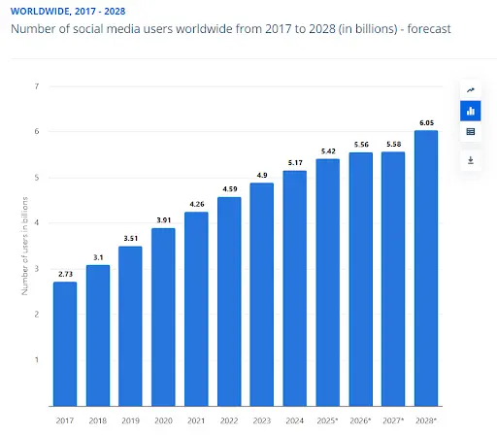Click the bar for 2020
(x=162, y=316)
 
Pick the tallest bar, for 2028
(x=426, y=267)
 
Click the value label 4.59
(x=229, y=188)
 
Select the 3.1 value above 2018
(x=97, y=256)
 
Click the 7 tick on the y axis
(x=36, y=86)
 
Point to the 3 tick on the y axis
(x=36, y=269)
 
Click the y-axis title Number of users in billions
(x=23, y=248)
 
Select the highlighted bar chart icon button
(x=471, y=111)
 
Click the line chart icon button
(x=471, y=89)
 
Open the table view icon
(x=471, y=132)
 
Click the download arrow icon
(x=471, y=159)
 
